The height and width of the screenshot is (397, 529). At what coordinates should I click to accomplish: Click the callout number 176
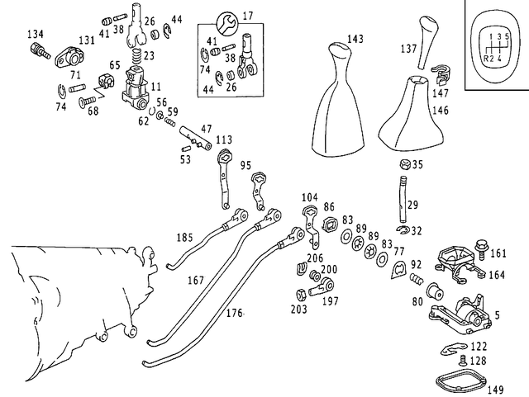[x=235, y=313]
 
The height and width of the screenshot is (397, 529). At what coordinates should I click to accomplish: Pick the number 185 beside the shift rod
[x=184, y=238]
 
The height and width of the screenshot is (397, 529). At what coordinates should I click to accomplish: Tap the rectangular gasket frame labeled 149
[x=460, y=380]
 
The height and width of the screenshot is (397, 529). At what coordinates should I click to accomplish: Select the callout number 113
[x=224, y=139]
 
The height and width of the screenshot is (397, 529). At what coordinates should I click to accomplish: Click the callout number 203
[x=298, y=310]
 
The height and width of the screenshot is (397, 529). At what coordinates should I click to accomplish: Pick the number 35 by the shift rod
[x=417, y=165]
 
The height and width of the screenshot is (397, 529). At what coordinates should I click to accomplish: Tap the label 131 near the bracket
[x=87, y=40]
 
